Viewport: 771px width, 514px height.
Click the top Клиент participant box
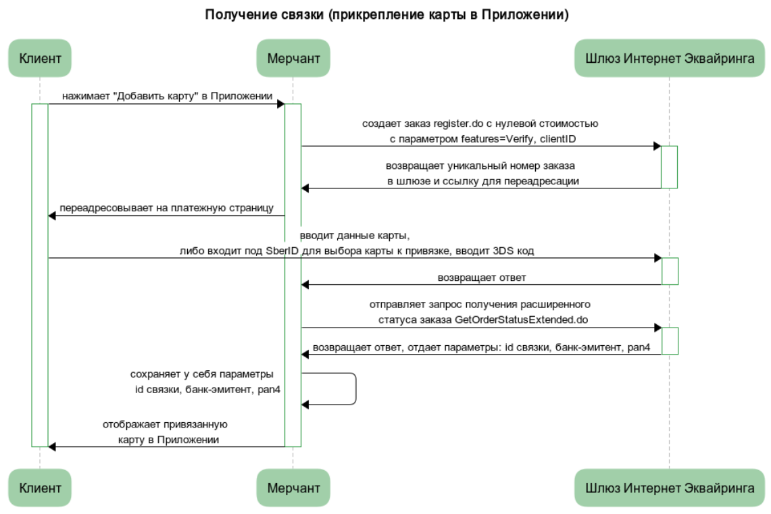40,58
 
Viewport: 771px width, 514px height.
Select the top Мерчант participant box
293,58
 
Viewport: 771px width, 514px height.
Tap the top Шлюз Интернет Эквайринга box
669,58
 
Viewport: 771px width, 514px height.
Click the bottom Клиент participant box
40,488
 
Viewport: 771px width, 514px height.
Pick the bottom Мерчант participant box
293,488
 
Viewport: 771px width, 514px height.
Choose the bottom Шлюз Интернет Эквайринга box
669,488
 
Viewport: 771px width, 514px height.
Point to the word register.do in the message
458,124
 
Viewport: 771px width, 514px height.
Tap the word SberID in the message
282,251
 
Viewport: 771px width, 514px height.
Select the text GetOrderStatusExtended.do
521,319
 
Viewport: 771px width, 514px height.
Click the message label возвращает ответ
482,278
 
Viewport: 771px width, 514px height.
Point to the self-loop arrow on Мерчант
355,388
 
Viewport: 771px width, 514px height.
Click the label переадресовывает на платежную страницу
166,208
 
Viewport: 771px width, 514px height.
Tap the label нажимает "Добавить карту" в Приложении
167,96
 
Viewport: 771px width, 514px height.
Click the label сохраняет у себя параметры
201,374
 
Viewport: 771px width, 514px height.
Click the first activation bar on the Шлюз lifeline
669,167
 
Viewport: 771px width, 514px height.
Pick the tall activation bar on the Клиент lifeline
40,275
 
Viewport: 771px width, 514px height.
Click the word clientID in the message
557,138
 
